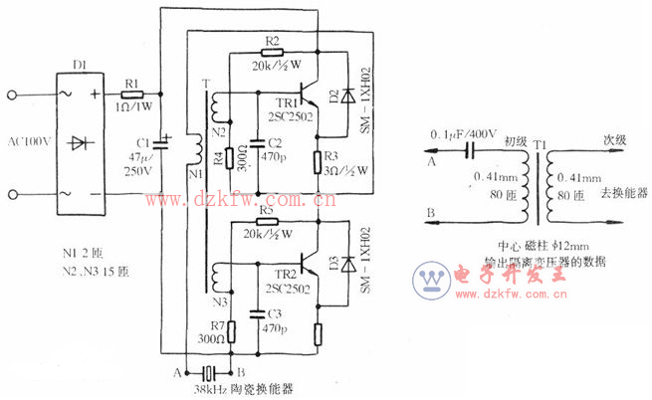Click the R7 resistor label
[x=218, y=326]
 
